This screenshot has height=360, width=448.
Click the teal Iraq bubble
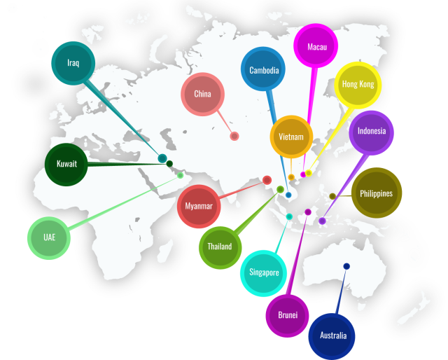coord(73,63)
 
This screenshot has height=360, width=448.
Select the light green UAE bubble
coord(49,237)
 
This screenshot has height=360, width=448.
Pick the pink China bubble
coord(202,94)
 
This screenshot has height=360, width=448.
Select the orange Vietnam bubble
coord(290,137)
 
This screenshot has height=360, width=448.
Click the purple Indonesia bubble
coord(371,132)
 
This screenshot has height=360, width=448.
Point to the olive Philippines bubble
coord(376,193)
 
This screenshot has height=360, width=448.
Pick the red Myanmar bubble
coord(199,206)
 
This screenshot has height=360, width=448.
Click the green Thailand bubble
coord(219,247)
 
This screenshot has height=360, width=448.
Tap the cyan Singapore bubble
coord(263,272)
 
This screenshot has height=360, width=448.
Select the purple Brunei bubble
coord(288,315)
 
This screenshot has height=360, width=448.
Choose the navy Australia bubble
coord(332,335)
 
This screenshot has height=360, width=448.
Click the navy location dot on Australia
coord(346,266)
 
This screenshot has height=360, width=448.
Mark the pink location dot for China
coord(234,136)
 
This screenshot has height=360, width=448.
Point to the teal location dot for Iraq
coord(162,158)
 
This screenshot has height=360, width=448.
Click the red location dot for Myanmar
coord(267,180)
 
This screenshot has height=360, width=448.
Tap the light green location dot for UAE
coord(180,175)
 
